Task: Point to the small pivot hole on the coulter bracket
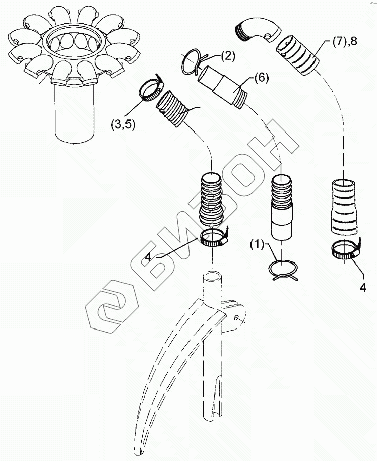236,317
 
